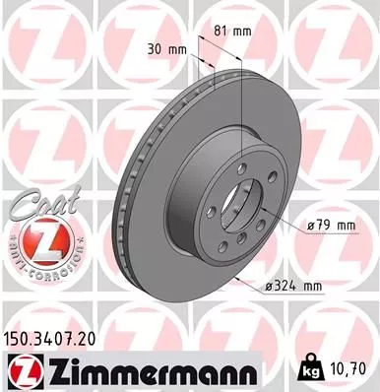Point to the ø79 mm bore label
(x=330, y=226)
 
